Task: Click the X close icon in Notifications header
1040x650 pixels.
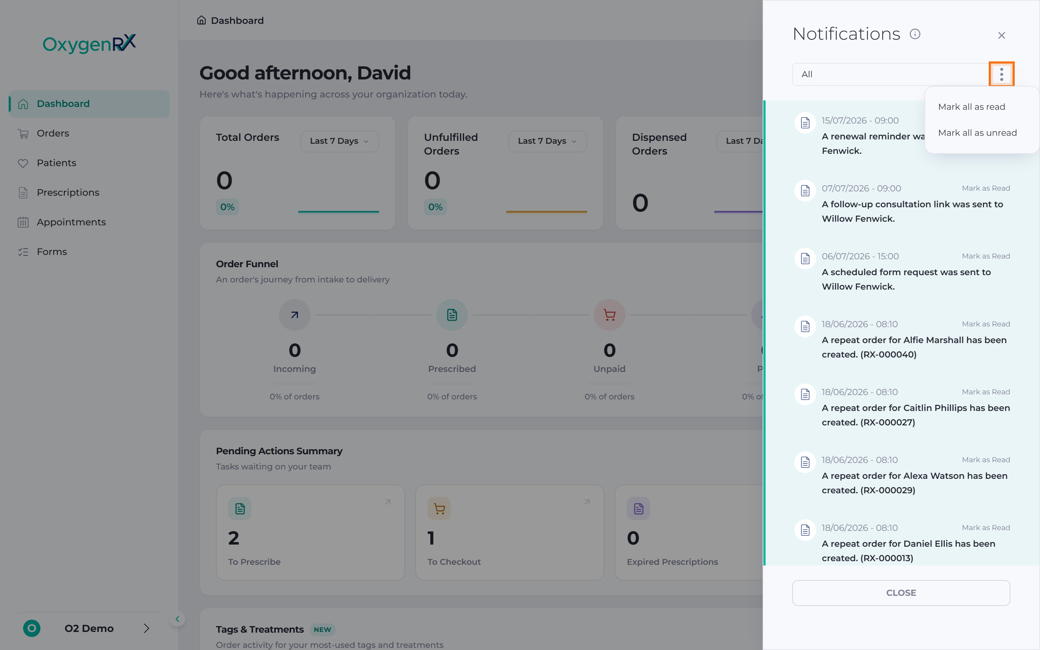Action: pos(1001,35)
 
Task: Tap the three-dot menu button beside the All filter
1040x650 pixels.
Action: pos(1001,74)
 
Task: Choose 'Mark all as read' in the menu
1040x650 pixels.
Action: pos(972,107)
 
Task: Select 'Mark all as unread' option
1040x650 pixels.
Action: pos(977,133)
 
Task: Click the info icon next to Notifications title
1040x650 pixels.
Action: pos(915,34)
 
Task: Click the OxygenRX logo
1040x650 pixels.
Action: pos(89,43)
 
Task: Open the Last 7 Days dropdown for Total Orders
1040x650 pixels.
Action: pos(339,141)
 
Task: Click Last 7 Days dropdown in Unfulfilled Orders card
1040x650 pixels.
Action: pos(547,141)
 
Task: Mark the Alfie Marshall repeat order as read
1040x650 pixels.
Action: pos(985,324)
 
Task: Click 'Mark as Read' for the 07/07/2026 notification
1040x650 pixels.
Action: pos(985,188)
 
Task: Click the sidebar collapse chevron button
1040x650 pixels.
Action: pos(177,619)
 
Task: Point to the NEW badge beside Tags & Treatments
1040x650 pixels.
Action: pos(322,629)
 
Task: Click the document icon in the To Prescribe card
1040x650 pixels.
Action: pos(240,508)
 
